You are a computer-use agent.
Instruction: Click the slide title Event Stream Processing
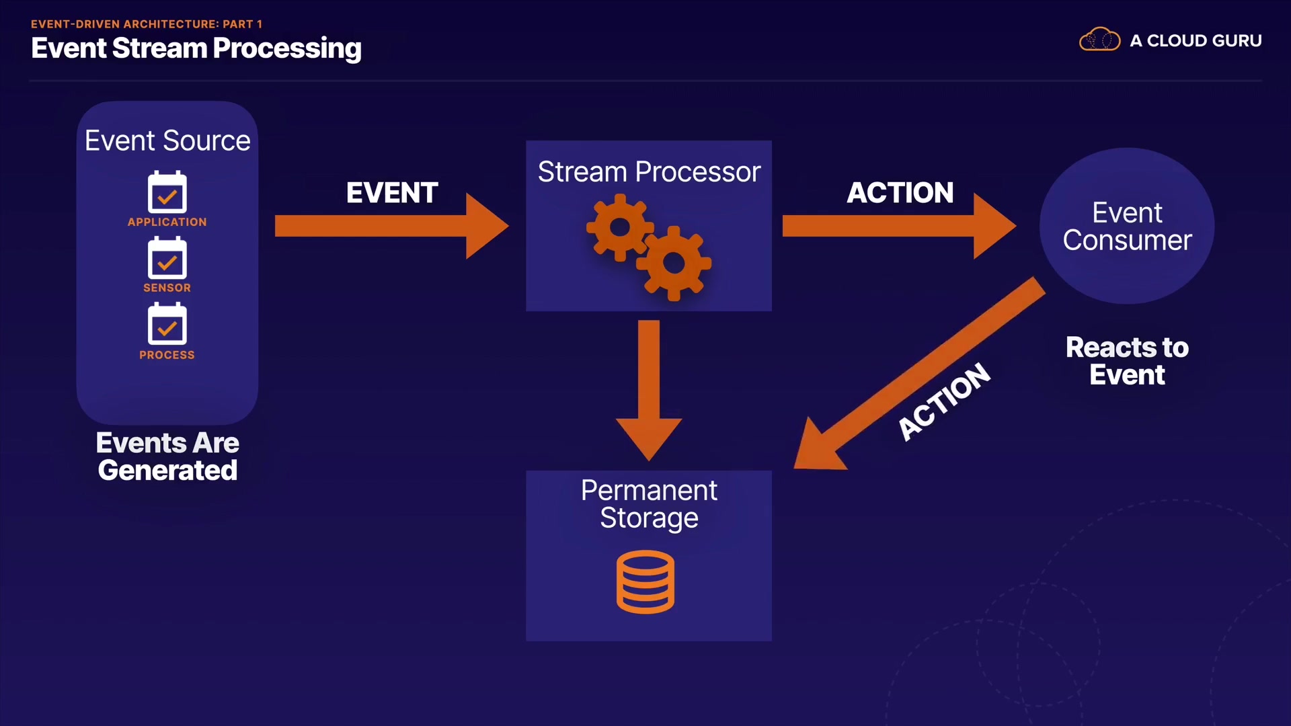click(x=196, y=48)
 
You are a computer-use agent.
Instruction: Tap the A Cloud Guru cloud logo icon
click(x=1099, y=40)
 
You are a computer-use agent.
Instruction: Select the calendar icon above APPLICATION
click(x=167, y=192)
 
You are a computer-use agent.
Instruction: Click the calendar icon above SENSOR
click(x=167, y=258)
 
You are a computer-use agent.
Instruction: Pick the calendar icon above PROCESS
click(x=167, y=324)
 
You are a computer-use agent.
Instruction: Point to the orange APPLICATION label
click(x=167, y=222)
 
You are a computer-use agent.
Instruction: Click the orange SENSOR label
click(x=167, y=288)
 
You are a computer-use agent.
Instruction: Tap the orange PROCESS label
click(x=167, y=355)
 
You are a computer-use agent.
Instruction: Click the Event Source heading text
click(x=167, y=140)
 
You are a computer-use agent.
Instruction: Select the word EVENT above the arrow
click(x=392, y=193)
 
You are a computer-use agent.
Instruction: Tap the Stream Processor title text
click(x=649, y=172)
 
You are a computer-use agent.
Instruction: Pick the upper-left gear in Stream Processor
click(x=619, y=227)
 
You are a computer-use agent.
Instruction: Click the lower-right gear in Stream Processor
click(x=674, y=264)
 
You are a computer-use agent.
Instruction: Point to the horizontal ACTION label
click(x=900, y=193)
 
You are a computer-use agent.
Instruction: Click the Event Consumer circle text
click(x=1127, y=227)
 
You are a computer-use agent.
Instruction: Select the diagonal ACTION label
click(x=944, y=401)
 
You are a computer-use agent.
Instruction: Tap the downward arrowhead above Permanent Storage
click(x=649, y=437)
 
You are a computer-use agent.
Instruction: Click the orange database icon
click(x=645, y=581)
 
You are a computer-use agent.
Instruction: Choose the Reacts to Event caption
click(x=1127, y=361)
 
